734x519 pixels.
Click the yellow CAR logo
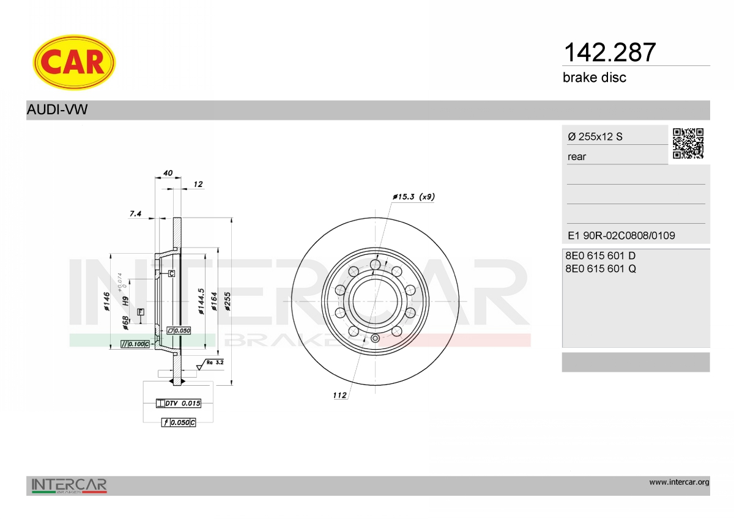(x=74, y=62)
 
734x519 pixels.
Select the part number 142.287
(x=609, y=53)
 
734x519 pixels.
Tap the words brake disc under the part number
(x=595, y=78)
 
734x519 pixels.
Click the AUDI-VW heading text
(x=57, y=109)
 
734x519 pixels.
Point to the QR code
(x=688, y=144)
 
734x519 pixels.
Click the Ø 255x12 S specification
(x=595, y=136)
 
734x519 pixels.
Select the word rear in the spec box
(x=577, y=157)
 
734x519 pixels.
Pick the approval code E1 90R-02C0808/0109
(x=621, y=235)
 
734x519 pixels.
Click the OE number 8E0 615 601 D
(x=600, y=256)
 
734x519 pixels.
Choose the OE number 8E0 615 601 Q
(x=601, y=269)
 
